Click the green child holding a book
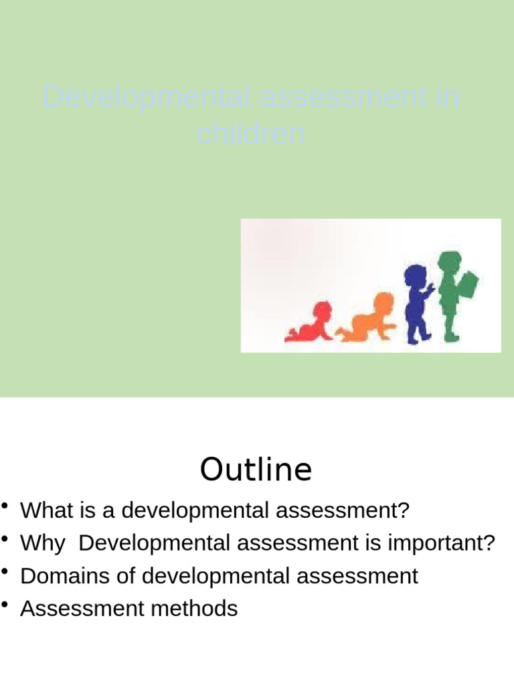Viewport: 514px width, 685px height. [x=452, y=294]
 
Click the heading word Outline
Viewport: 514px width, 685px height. [x=256, y=470]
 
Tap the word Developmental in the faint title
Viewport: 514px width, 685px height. [x=147, y=98]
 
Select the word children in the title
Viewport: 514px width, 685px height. [x=251, y=135]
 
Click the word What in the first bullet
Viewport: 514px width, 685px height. [x=44, y=510]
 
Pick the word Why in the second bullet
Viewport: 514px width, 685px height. [x=42, y=543]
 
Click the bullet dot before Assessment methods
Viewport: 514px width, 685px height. [x=6, y=605]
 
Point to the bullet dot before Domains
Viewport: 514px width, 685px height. [x=6, y=572]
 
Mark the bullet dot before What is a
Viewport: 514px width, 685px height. [x=6, y=506]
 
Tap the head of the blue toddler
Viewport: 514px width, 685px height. [x=415, y=275]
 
